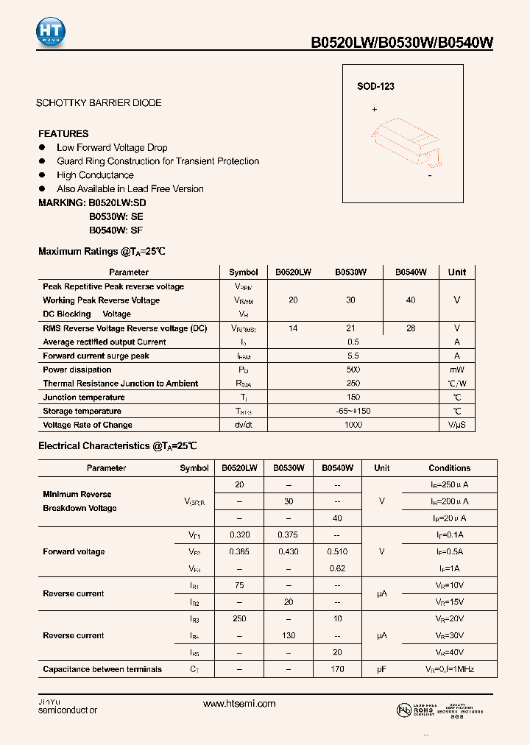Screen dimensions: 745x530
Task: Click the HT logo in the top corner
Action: coord(51,32)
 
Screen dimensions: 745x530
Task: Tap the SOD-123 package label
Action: coord(376,86)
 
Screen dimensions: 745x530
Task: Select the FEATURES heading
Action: coord(63,133)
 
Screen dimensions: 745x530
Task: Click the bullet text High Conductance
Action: coord(95,175)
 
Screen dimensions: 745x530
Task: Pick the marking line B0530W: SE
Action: coord(116,216)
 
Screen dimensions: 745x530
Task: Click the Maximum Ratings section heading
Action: coord(102,252)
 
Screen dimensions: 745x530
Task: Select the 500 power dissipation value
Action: coord(353,370)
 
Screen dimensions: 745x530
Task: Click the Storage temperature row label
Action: coord(82,411)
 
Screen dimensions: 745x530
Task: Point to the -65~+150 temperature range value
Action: coord(353,411)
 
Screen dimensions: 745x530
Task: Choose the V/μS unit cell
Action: coord(456,425)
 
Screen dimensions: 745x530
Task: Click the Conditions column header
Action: coord(449,468)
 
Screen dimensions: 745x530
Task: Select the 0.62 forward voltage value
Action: coord(337,568)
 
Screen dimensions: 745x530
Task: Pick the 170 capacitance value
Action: coord(337,669)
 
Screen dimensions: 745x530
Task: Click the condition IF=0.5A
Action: coord(448,551)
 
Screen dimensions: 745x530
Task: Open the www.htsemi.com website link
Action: coord(239,704)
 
